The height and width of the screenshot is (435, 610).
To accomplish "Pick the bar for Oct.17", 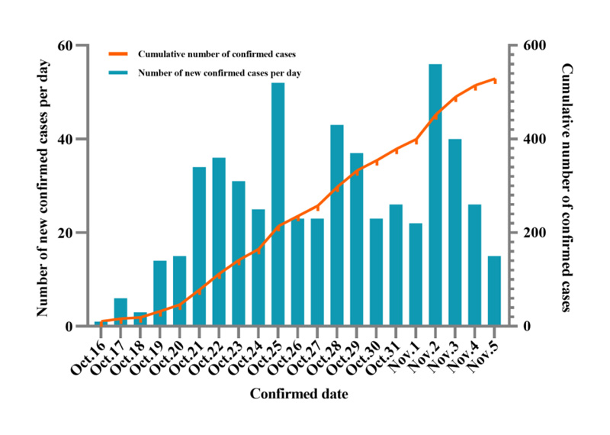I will coord(120,312).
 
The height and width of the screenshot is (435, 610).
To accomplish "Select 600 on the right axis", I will coord(531,46).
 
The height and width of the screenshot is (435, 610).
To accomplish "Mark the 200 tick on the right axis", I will coord(531,234).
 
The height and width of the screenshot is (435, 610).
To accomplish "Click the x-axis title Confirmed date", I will coord(300,395).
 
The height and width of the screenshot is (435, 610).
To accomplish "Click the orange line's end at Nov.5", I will coord(495,79).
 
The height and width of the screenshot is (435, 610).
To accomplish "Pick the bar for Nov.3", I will coord(455,233).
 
